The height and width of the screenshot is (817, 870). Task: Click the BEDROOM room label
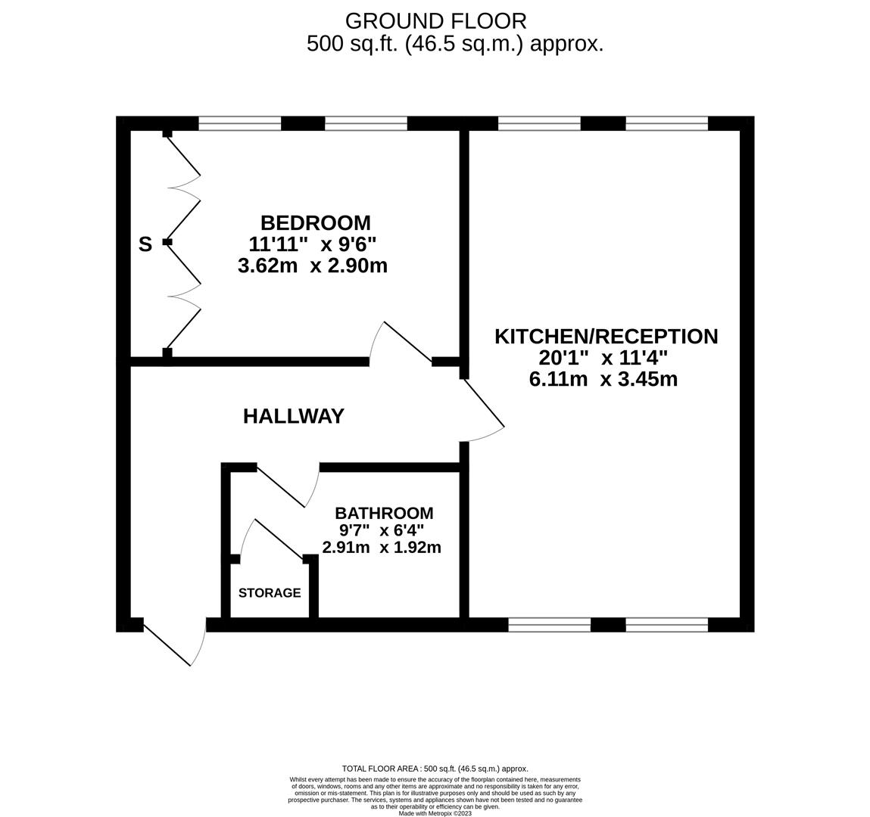tap(316, 223)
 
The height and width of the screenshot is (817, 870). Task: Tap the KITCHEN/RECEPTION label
tap(607, 337)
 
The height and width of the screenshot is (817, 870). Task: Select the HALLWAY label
tap(294, 416)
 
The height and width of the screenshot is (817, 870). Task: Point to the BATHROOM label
tap(384, 513)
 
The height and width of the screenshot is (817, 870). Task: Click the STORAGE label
tap(270, 593)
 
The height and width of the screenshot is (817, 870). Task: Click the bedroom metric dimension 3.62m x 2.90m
tap(313, 266)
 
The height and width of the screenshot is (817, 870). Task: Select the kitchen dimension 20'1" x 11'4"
tap(603, 358)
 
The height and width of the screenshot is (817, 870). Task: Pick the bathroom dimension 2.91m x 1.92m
tap(382, 548)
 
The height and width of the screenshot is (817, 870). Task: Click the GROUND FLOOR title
tap(435, 21)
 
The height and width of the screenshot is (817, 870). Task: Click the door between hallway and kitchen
tap(482, 411)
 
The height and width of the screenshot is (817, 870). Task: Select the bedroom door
tap(401, 343)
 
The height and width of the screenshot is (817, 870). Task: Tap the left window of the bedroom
tap(240, 123)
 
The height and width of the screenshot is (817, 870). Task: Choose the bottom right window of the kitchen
tap(667, 625)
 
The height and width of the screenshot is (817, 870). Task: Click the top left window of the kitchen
tap(539, 123)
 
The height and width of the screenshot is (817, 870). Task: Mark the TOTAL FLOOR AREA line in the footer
tap(435, 769)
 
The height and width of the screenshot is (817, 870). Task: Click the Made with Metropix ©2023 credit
tap(435, 814)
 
